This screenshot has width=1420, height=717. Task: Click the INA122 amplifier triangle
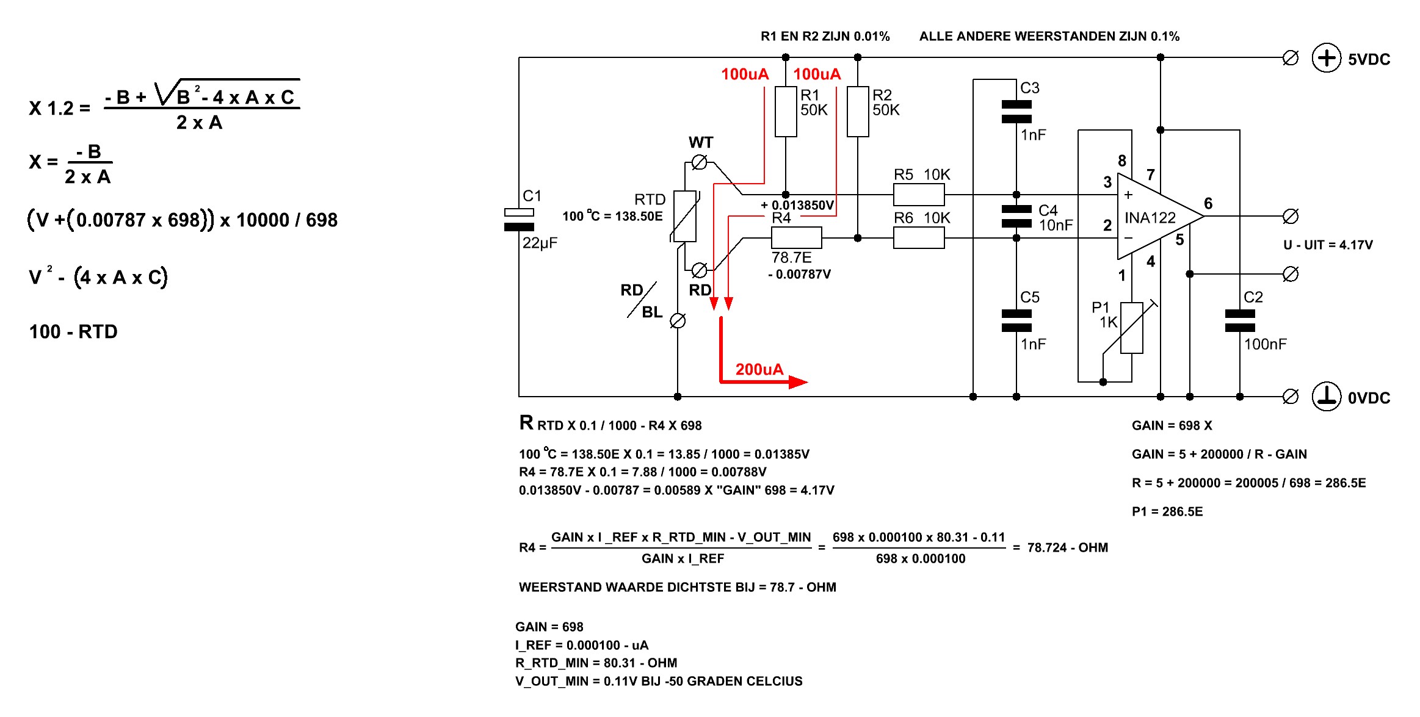click(1154, 217)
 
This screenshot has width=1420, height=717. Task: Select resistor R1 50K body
click(786, 112)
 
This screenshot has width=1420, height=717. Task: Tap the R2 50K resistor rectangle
click(858, 112)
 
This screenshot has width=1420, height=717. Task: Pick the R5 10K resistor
click(919, 195)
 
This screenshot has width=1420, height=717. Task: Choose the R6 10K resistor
click(919, 237)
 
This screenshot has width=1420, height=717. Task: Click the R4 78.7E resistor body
click(797, 237)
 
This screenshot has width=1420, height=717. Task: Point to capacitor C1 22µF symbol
click(519, 220)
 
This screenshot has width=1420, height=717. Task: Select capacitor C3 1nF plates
click(1016, 112)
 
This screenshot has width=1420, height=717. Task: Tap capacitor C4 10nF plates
click(1016, 217)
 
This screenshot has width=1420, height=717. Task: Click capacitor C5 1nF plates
click(1016, 321)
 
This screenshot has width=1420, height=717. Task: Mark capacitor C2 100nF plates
click(1240, 321)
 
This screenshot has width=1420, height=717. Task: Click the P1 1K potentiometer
click(1131, 328)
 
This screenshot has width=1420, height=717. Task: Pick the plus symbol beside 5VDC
click(1326, 58)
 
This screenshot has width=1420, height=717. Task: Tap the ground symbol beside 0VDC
click(1326, 397)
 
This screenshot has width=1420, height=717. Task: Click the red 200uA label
click(759, 369)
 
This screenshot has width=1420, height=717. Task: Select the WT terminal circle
click(700, 162)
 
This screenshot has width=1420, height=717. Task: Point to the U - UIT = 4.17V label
click(1328, 245)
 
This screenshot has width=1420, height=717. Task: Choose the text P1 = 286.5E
click(1167, 511)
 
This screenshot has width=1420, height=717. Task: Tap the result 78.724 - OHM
click(1067, 547)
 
